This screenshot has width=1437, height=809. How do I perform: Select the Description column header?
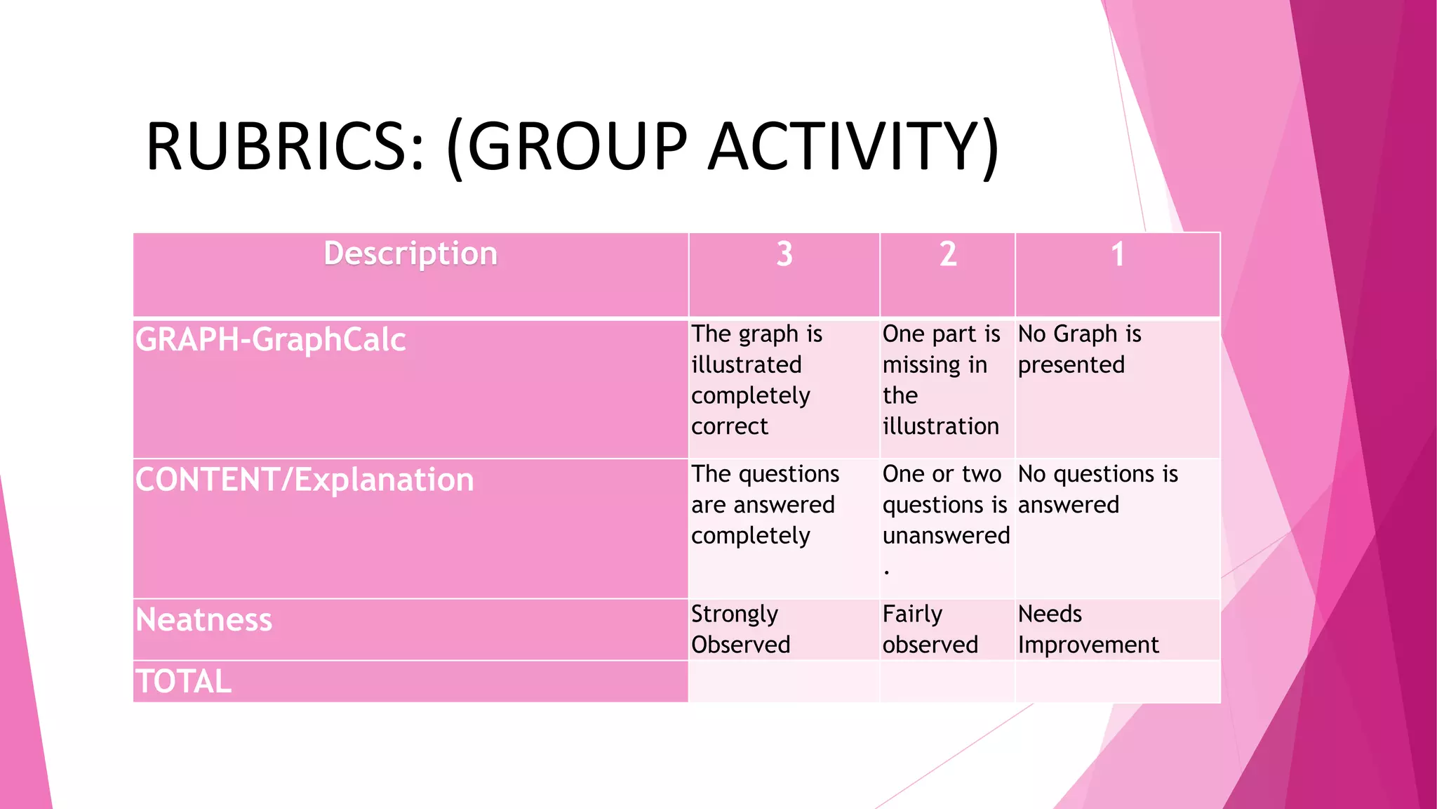410,254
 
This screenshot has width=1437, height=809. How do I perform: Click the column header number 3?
784,254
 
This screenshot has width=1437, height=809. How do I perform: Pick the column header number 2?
948,254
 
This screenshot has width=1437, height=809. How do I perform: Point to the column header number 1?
1118,254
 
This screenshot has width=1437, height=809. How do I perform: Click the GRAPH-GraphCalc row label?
271,340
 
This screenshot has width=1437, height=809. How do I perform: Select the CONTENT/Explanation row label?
305,480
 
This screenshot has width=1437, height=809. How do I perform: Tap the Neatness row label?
203,620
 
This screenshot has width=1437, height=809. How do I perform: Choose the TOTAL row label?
183,681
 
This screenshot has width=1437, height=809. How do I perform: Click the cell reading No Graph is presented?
1079,349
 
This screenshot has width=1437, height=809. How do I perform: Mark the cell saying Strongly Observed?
740,629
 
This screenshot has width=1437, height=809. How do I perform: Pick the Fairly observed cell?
930,629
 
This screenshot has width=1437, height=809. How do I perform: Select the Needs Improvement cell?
1088,629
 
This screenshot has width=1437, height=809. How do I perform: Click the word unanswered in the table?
946,536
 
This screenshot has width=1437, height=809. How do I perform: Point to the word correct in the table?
730,426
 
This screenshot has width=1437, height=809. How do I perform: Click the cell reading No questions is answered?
1097,489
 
